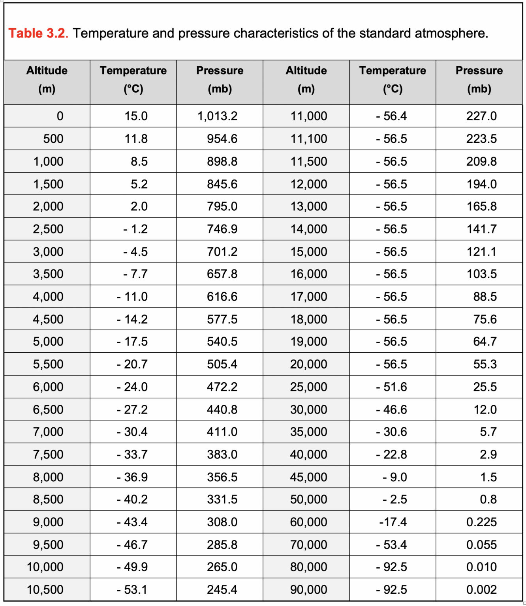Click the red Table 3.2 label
point(37,34)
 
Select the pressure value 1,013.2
point(217,116)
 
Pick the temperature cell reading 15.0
point(136,116)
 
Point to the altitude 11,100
point(309,139)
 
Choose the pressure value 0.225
point(481,522)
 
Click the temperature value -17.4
point(393,522)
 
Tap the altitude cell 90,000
point(309,589)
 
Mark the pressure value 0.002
point(481,589)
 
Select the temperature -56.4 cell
point(391,116)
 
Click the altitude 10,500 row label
point(45,589)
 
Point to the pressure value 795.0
point(222,206)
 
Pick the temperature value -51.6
point(391,387)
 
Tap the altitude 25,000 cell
point(309,387)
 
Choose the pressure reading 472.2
point(222,387)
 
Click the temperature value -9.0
point(394,477)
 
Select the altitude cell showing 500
point(53,139)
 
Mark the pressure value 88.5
point(485,297)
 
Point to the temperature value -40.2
point(132,499)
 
